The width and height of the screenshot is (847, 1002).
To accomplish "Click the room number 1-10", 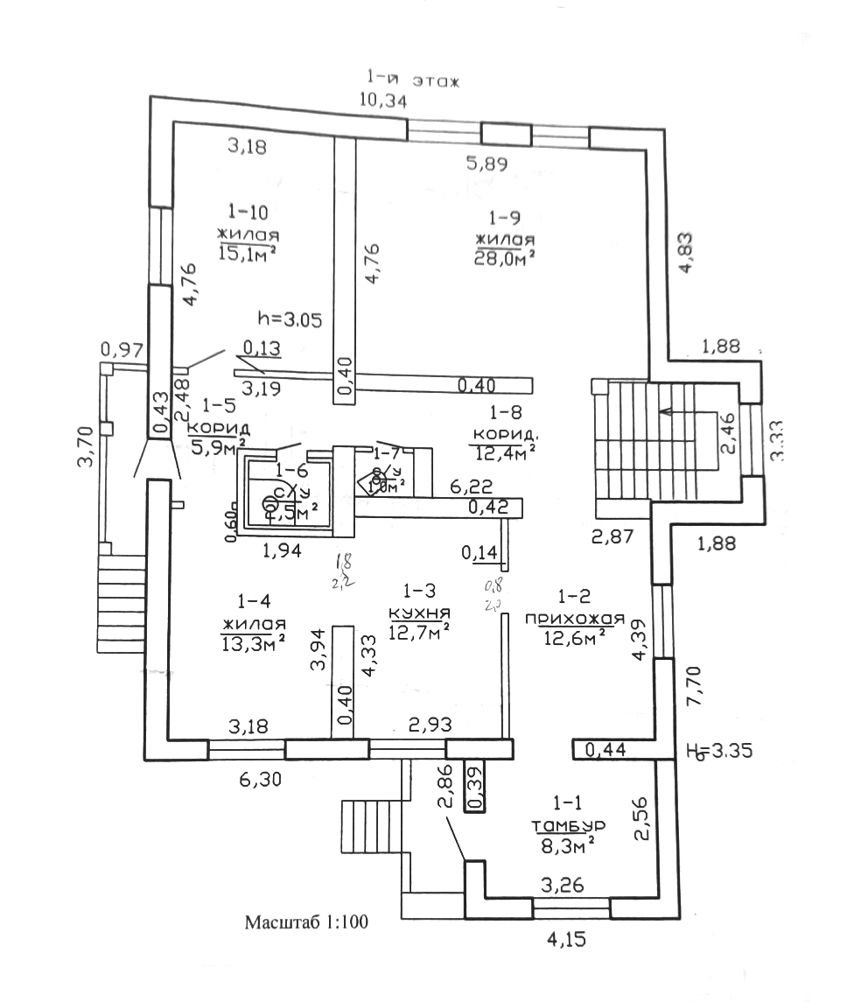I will (248, 211).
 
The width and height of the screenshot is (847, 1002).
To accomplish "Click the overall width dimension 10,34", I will (383, 100).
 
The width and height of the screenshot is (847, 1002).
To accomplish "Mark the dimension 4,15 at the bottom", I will (567, 943).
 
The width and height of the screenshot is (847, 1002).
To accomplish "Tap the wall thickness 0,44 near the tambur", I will (601, 749).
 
